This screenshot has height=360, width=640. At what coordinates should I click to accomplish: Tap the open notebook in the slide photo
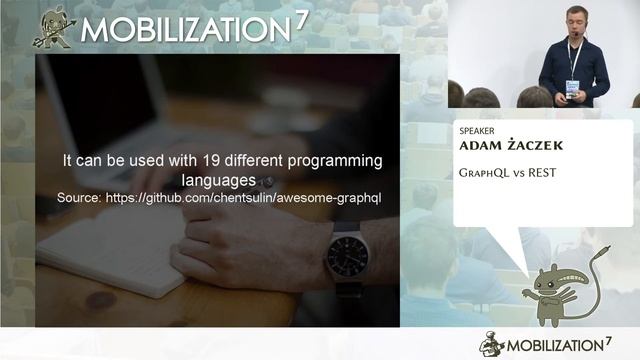coord(110,250)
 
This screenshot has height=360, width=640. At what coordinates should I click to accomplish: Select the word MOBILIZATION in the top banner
coord(186,29)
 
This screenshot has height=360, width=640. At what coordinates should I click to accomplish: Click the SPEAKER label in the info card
coord(477,130)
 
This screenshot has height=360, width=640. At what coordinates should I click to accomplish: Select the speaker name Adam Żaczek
coord(510,146)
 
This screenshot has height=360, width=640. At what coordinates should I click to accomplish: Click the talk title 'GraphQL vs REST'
coord(507,173)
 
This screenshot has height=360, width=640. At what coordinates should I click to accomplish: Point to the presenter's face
coord(573,21)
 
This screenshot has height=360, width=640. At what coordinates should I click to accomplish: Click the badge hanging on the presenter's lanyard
coord(572,88)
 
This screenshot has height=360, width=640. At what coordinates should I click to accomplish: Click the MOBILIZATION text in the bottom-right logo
coord(564,345)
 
